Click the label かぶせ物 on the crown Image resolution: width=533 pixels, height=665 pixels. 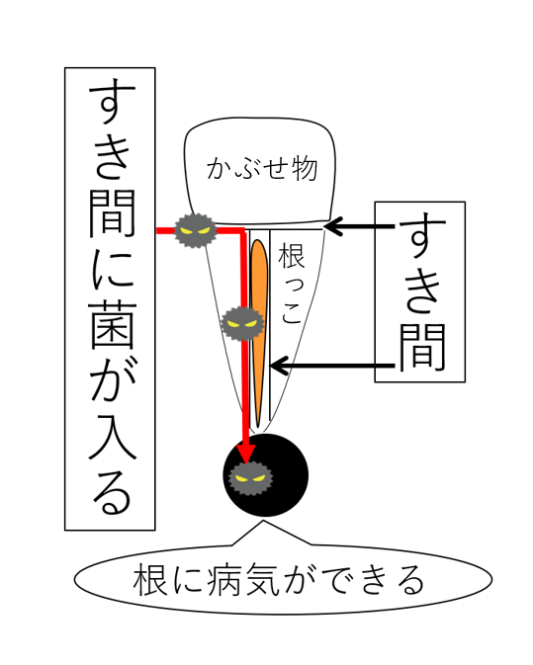pyautogui.click(x=262, y=168)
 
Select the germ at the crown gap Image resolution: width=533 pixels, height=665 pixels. pyautogui.click(x=196, y=230)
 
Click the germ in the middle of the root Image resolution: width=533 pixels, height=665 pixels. pyautogui.click(x=242, y=323)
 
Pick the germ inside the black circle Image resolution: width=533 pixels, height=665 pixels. pyautogui.click(x=250, y=479)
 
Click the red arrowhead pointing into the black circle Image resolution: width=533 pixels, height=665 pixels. pyautogui.click(x=245, y=453)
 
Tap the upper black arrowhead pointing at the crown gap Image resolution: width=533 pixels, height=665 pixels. pyautogui.click(x=333, y=226)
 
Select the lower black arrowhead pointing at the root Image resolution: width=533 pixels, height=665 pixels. pyautogui.click(x=280, y=366)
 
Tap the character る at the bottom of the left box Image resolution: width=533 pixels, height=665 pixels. pyautogui.click(x=112, y=491)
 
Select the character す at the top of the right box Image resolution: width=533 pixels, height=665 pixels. pyautogui.click(x=422, y=234)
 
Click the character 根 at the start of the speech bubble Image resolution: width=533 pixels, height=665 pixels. pyautogui.click(x=149, y=579)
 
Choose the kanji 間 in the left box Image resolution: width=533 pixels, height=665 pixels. pyautogui.click(x=112, y=213)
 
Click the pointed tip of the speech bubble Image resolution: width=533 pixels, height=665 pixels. pyautogui.click(x=264, y=521)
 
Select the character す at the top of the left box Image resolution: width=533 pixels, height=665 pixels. pyautogui.click(x=112, y=101)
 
